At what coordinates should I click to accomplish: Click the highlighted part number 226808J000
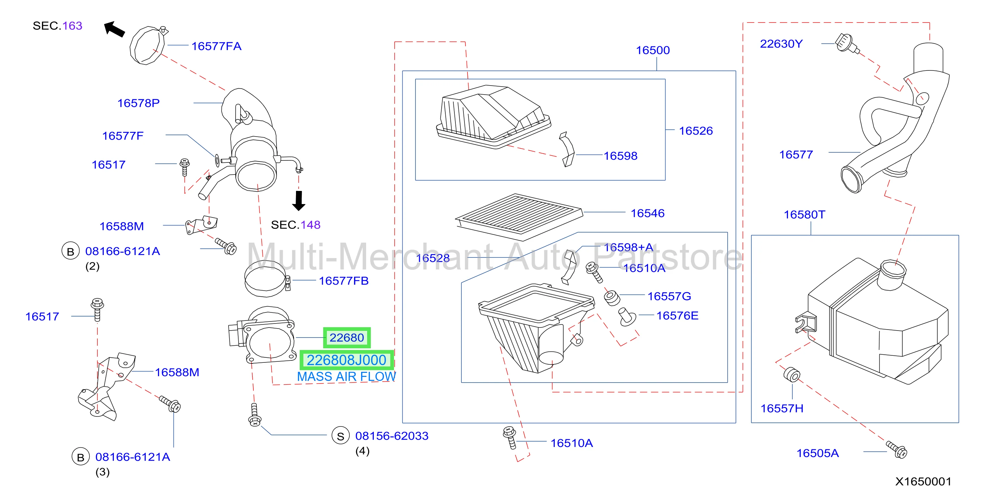tap(346, 360)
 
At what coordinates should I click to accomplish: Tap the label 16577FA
tap(216, 46)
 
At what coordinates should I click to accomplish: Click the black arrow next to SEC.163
tap(114, 29)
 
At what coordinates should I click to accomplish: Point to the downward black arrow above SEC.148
tap(299, 201)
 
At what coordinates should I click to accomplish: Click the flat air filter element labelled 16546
tap(519, 217)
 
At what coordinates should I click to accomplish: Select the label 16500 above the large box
tap(653, 50)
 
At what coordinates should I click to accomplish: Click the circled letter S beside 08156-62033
tap(341, 436)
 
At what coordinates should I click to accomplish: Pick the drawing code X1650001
tap(923, 482)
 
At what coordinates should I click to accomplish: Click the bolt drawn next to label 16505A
tap(897, 450)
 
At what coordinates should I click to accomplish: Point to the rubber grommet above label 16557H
tap(792, 375)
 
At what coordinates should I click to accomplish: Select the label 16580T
tap(804, 214)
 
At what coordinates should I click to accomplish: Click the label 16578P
tap(138, 103)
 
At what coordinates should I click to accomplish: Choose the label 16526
tap(696, 131)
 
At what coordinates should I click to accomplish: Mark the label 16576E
tap(677, 315)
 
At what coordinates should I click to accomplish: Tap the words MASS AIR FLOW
tap(346, 377)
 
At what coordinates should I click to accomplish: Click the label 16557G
tap(669, 296)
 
